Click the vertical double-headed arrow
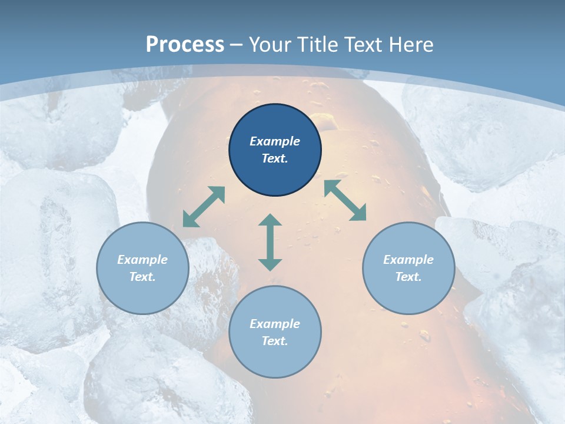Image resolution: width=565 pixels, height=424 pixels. tap(270, 243)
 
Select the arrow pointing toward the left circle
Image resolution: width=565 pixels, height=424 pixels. tap(204, 207)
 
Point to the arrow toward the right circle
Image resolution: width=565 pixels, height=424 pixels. tap(345, 200)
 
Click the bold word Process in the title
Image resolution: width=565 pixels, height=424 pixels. tap(185, 44)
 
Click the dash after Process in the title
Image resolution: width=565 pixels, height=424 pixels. tap(237, 45)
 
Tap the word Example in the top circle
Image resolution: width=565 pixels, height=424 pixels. tap(275, 141)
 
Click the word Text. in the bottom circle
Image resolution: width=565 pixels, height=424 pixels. tap(275, 341)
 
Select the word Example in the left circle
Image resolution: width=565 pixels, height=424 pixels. tap(142, 260)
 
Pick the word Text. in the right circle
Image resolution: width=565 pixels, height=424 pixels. tap(408, 277)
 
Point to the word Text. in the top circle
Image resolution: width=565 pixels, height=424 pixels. tap(275, 158)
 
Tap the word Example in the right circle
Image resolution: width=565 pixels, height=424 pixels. tap(408, 260)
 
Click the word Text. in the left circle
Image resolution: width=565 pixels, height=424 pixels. tap(142, 277)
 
